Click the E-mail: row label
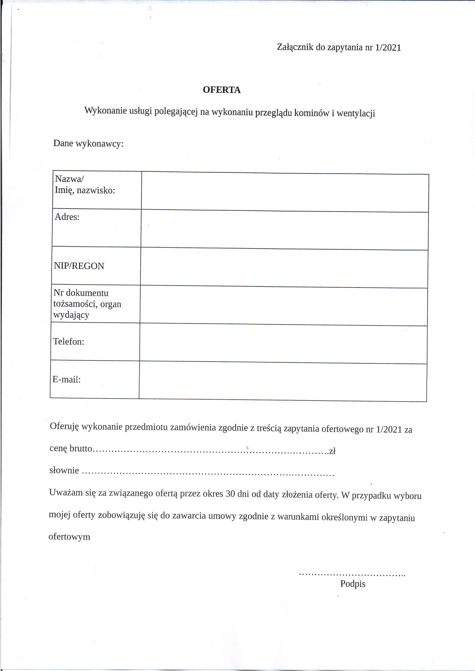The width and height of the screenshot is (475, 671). click(66, 379)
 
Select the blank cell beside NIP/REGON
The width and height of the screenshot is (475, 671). click(284, 267)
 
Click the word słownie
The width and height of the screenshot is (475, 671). click(64, 470)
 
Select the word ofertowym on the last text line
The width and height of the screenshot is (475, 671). click(69, 536)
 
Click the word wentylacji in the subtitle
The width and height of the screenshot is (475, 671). click(356, 113)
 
